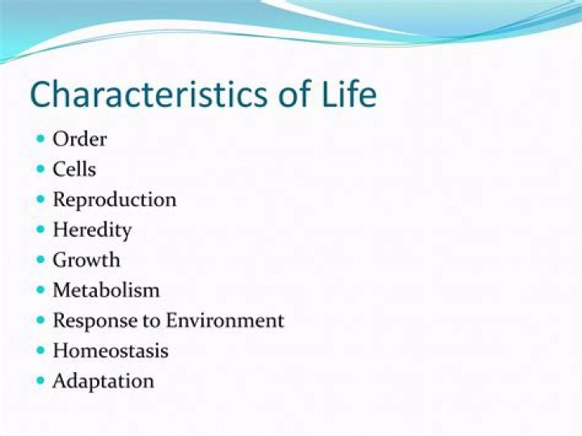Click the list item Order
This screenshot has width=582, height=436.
point(79,138)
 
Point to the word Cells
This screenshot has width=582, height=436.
point(74,169)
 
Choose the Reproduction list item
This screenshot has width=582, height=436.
point(114,199)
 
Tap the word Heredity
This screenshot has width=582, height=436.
point(91,230)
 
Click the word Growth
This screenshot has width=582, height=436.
point(86,260)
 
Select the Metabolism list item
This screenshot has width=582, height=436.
point(106,290)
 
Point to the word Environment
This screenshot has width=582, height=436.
point(225,320)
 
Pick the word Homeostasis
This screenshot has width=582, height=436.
point(111,350)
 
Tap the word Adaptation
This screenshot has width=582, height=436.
point(103,381)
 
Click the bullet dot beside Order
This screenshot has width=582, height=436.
point(40,138)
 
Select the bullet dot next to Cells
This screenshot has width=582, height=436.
point(40,168)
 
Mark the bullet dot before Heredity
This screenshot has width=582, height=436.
point(40,229)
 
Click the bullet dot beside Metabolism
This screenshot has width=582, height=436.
point(40,290)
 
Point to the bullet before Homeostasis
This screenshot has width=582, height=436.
point(40,350)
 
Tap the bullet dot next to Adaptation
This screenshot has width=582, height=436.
point(40,380)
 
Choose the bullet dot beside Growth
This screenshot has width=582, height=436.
point(40,260)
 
